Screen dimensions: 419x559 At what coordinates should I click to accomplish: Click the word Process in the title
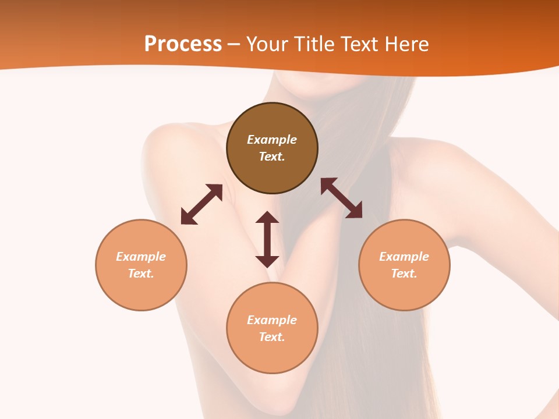pyautogui.click(x=183, y=44)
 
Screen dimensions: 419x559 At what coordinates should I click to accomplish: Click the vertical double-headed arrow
pyautogui.click(x=267, y=239)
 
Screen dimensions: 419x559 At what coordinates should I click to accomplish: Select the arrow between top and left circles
pyautogui.click(x=201, y=204)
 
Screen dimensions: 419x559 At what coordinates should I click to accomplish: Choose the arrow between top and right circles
pyautogui.click(x=341, y=198)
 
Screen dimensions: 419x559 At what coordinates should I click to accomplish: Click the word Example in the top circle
pyautogui.click(x=272, y=140)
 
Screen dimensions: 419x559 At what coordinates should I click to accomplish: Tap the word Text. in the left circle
pyautogui.click(x=141, y=274)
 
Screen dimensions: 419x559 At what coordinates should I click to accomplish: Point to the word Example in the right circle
pyautogui.click(x=404, y=257)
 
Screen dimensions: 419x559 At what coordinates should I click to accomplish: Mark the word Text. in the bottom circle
pyautogui.click(x=272, y=337)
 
